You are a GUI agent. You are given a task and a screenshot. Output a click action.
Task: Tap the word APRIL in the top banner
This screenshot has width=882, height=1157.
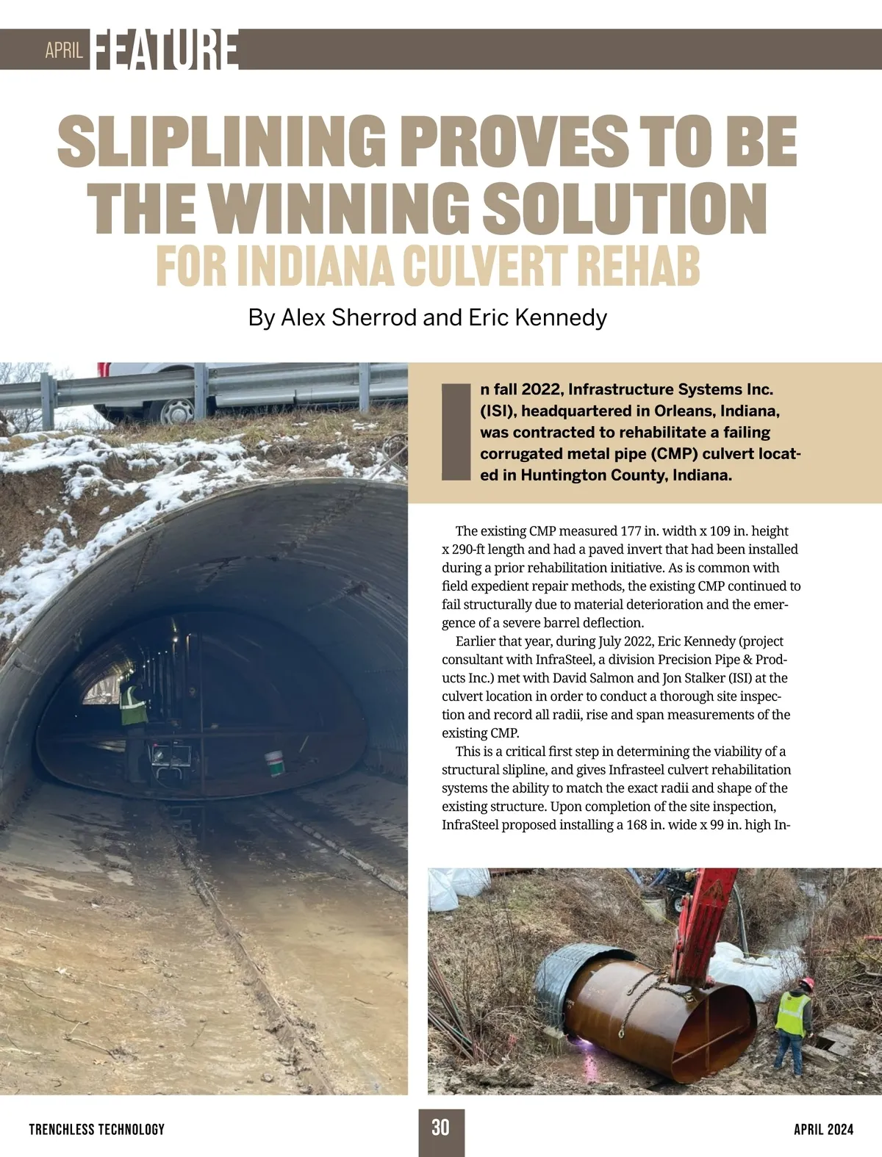pos(64,50)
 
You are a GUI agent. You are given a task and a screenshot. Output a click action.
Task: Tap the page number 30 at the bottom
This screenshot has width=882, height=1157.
pos(440,1128)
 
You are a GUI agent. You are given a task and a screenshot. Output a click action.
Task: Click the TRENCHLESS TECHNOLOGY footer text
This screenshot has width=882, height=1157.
pos(97,1129)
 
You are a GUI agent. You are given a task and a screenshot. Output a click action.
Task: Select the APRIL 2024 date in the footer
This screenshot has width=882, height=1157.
pos(823,1129)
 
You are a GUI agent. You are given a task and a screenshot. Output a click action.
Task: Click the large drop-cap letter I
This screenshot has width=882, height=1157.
pos(456,431)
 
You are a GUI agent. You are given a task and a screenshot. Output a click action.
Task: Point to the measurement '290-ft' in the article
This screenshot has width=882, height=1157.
pos(473,549)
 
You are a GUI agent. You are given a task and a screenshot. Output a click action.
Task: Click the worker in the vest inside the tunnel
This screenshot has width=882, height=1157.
pos(134,705)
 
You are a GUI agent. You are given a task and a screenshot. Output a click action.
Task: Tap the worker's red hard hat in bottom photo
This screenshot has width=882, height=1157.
pos(808,982)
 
